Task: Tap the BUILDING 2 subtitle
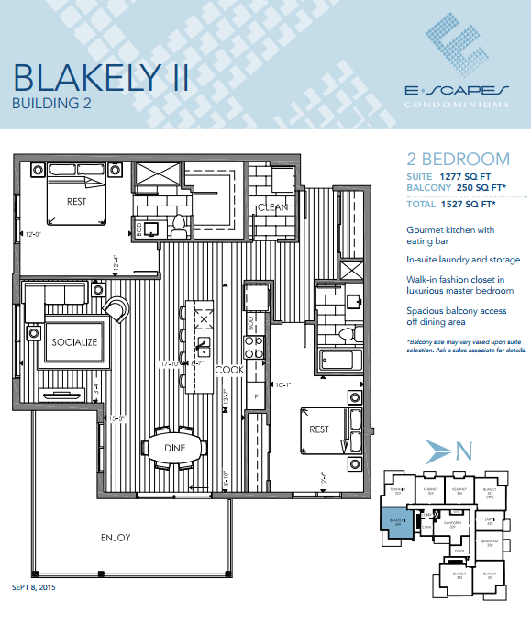[51, 104]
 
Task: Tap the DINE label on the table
[174, 448]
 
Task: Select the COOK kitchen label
[228, 370]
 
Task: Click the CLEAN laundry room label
[273, 207]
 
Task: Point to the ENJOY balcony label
[116, 537]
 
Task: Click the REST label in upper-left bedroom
[76, 202]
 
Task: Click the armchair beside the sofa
[117, 309]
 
